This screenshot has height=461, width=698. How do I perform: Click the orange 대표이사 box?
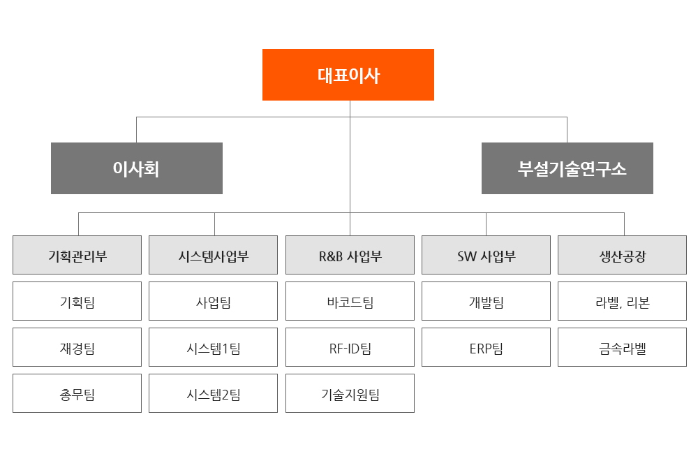(x=348, y=75)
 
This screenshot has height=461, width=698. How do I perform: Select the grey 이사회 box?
(x=137, y=168)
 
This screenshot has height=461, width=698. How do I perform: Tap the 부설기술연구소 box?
(x=567, y=168)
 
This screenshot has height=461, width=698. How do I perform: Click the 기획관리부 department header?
(x=77, y=255)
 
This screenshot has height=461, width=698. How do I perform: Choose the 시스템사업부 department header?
(x=213, y=255)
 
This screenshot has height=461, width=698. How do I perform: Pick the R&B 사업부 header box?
(x=350, y=255)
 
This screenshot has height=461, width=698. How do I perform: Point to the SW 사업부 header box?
(x=486, y=255)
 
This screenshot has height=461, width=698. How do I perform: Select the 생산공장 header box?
(x=623, y=255)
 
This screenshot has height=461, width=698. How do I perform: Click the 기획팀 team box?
(x=77, y=301)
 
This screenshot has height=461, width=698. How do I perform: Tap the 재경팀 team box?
(x=77, y=347)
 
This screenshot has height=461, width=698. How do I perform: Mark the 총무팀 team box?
(x=77, y=393)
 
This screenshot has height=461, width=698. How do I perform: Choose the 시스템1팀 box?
(x=213, y=347)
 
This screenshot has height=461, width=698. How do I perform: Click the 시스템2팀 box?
(x=213, y=393)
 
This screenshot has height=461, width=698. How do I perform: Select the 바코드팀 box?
(x=350, y=301)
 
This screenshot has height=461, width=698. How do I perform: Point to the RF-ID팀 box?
(x=350, y=347)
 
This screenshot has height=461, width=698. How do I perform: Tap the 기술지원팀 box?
(x=350, y=393)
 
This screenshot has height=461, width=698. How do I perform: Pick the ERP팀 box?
(x=486, y=347)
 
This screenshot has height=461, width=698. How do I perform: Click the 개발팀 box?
(x=486, y=301)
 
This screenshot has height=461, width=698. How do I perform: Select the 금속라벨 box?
(x=623, y=347)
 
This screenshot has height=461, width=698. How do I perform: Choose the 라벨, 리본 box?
(x=623, y=301)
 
